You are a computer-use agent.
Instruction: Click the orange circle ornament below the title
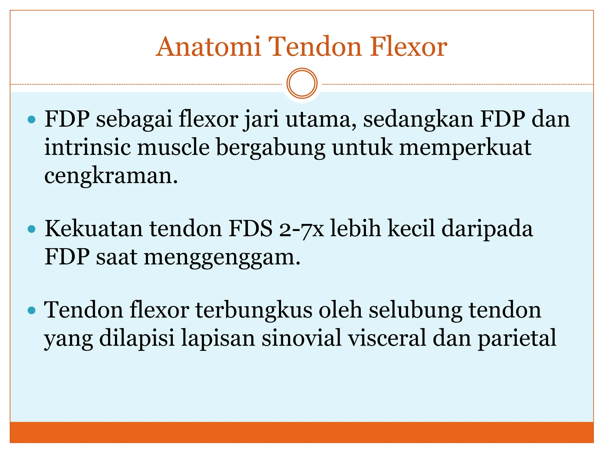pyautogui.click(x=302, y=83)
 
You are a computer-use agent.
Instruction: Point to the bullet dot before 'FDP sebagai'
pyautogui.click(x=31, y=119)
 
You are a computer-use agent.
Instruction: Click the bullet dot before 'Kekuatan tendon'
pyautogui.click(x=31, y=229)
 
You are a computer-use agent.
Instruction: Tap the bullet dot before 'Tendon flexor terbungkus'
pyautogui.click(x=31, y=310)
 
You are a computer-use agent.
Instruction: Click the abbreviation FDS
pyautogui.click(x=250, y=229)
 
